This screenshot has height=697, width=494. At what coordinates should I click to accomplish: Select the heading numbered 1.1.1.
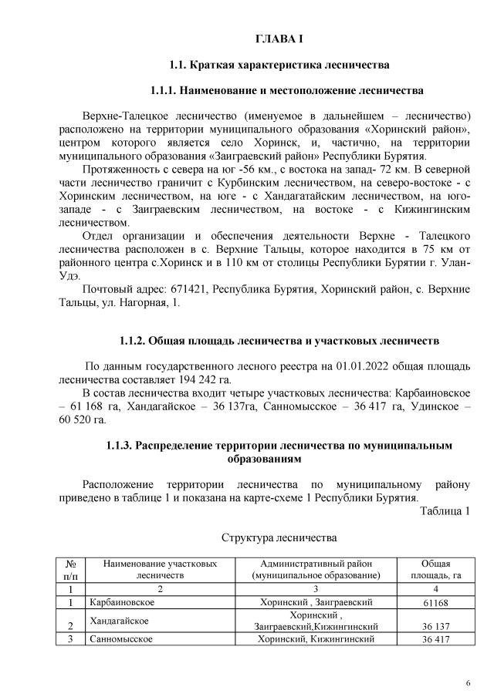287,90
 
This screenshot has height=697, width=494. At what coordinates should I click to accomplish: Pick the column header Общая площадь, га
435,570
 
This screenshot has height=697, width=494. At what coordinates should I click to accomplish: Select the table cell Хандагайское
119,620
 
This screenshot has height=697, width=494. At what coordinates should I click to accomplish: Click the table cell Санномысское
121,639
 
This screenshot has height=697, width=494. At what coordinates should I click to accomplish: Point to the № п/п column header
70,570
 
